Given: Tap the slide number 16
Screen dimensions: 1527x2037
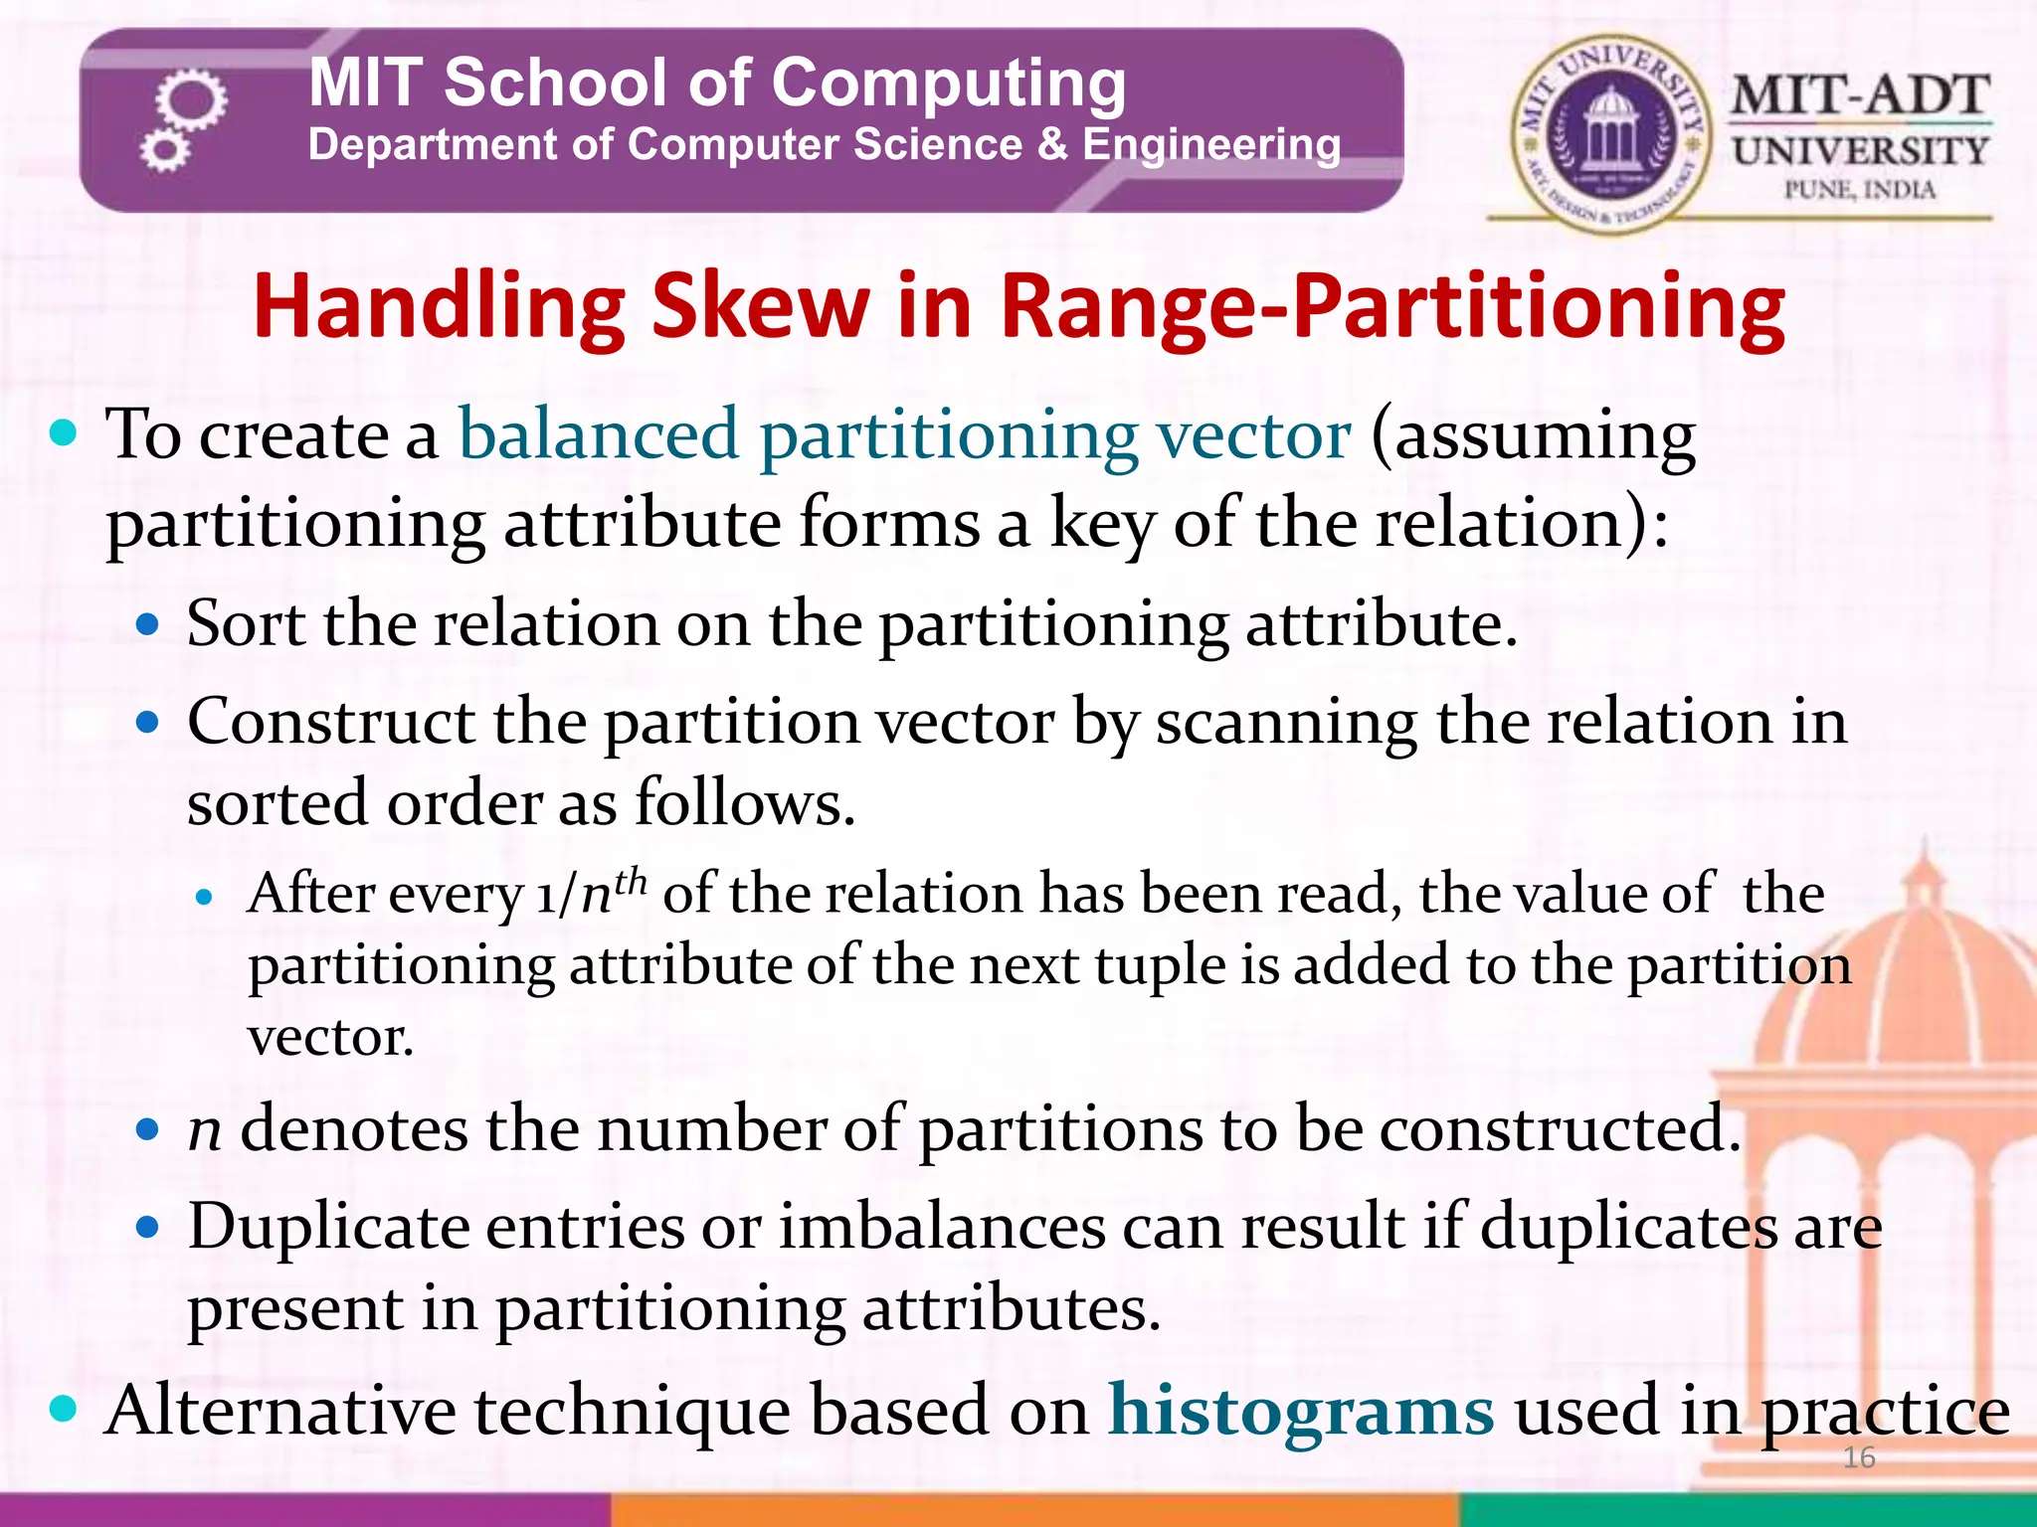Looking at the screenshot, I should (x=1858, y=1457).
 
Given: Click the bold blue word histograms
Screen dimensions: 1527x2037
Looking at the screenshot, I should (x=1301, y=1410).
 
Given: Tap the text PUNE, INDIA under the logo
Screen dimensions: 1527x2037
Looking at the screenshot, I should (x=1859, y=190).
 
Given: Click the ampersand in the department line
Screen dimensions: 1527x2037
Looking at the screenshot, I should (x=1051, y=145).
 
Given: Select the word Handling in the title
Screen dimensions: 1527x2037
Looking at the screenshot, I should (x=439, y=308).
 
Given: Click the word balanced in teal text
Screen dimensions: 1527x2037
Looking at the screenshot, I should (x=598, y=434).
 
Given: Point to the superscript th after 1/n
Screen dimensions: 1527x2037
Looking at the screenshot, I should (x=631, y=880).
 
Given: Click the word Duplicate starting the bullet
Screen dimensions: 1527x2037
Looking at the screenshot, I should (x=327, y=1226).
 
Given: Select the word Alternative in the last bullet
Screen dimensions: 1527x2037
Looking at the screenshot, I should (x=279, y=1411).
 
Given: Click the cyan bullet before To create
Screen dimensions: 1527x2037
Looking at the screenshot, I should (x=63, y=433).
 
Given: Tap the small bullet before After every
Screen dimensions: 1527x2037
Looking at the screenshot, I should (x=205, y=899).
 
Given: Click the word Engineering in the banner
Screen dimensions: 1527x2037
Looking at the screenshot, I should (x=1211, y=145).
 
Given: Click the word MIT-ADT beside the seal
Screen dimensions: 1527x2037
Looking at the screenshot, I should (x=1860, y=96).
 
